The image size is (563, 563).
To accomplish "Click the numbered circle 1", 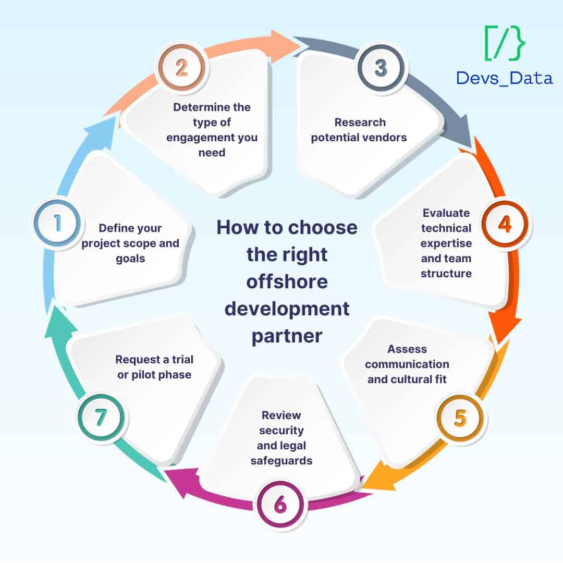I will coord(57,223).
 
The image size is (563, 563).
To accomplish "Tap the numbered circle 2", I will coord(181,68).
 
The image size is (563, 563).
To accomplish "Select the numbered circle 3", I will coord(381,68).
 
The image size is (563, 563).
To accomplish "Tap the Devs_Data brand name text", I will coord(504,78).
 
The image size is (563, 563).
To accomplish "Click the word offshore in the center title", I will coord(287,281).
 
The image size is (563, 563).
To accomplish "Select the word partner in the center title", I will coord(287,336).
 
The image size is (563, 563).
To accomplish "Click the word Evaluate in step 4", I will coord(446,213).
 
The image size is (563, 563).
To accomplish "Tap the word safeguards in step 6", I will coord(281,461).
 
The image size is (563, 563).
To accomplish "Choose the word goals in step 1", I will coord(130,259).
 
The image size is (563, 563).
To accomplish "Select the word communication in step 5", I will coord(407,364).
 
